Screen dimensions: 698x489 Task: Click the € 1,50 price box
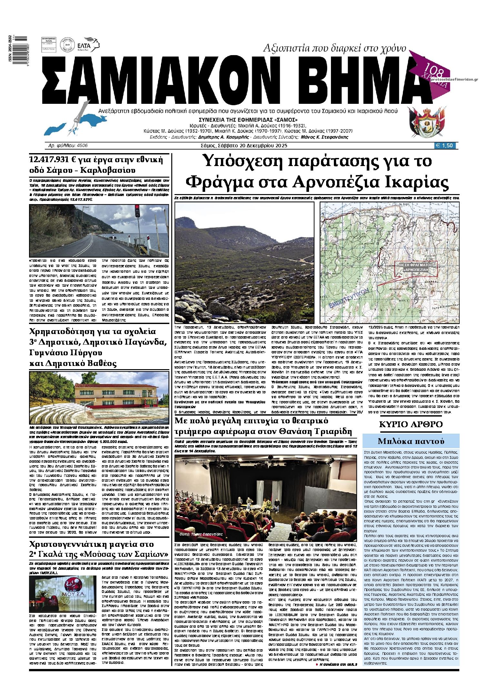tap(446, 146)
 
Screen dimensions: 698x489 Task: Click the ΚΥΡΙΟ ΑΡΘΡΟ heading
tap(411, 424)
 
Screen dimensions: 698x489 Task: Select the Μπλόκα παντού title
tap(411, 441)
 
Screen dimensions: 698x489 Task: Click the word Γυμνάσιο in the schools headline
tap(48, 353)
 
